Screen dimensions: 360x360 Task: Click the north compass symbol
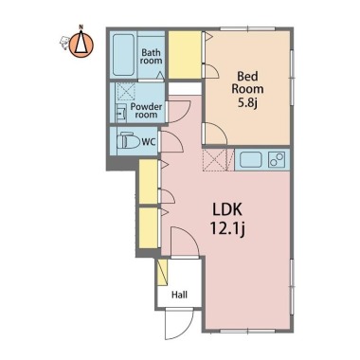point(81,44)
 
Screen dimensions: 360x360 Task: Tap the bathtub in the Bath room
point(123,55)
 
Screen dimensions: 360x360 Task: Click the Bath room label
point(152,57)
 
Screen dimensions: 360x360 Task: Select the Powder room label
point(146,111)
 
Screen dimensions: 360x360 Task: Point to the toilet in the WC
point(129,141)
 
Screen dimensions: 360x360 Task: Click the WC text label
point(149,142)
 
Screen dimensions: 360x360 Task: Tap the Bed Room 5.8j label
point(247,89)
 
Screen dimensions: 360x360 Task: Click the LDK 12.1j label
point(227,219)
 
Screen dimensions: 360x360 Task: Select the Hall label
point(179,295)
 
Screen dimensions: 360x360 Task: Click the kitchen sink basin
point(251,160)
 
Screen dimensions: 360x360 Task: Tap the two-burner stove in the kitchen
point(277,159)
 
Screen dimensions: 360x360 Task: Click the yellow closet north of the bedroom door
point(185,55)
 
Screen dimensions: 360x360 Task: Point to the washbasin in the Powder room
point(120,113)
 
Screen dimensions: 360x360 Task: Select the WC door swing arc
point(171,141)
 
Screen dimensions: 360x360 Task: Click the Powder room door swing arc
point(179,112)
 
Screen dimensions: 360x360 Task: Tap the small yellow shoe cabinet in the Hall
point(162,273)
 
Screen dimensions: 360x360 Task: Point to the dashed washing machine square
point(126,92)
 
